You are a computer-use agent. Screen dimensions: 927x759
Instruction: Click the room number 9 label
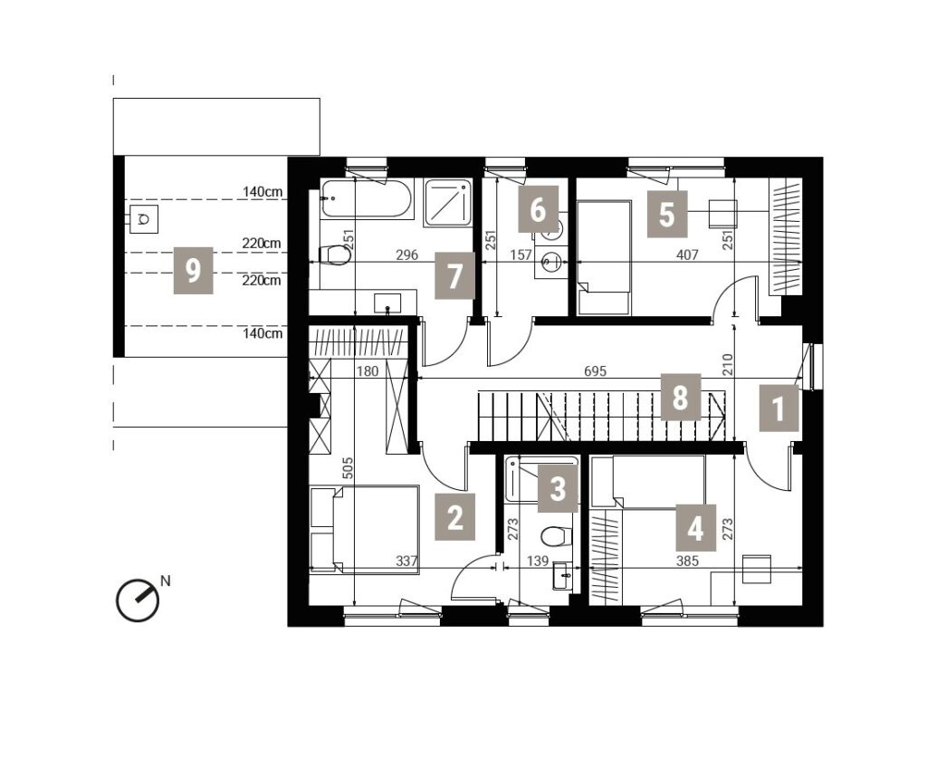click(x=193, y=272)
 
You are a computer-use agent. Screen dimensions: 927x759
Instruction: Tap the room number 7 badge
click(x=454, y=275)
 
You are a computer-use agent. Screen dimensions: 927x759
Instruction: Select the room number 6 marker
click(x=538, y=209)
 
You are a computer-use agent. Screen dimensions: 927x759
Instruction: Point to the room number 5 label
click(x=667, y=214)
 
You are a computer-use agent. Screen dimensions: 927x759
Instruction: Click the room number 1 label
click(x=779, y=408)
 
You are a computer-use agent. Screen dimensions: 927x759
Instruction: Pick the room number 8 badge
click(x=681, y=397)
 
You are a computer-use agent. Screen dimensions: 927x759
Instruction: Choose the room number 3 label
click(x=558, y=489)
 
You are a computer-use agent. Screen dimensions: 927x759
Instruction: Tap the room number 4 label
click(x=696, y=528)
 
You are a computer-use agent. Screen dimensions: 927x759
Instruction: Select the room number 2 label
click(x=454, y=518)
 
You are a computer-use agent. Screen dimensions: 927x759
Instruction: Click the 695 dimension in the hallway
click(x=596, y=371)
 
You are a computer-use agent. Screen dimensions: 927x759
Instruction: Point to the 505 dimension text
click(x=348, y=467)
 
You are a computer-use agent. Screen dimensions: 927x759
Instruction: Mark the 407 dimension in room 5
click(x=687, y=255)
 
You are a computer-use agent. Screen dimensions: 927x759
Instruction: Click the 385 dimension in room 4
click(x=688, y=561)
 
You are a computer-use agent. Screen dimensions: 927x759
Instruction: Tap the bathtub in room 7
click(x=367, y=198)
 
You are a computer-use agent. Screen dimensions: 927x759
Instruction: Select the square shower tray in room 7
click(x=447, y=202)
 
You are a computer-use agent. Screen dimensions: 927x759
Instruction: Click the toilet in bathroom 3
click(x=557, y=536)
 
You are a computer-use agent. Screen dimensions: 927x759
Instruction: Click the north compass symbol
click(x=139, y=600)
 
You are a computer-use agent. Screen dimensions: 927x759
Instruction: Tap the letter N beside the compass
click(x=166, y=581)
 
